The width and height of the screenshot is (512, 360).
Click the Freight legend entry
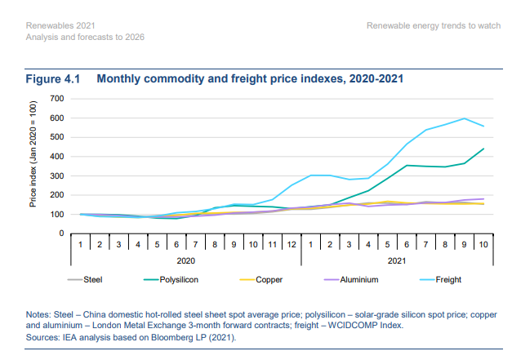point(447,279)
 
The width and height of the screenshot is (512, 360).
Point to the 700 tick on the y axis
point(57,99)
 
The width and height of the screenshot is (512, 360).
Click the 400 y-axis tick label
point(57,157)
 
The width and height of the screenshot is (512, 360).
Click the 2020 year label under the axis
point(185,260)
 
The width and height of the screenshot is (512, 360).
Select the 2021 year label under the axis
point(395,260)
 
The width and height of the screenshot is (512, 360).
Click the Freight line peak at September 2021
point(465,118)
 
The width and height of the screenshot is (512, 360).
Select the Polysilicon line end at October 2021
point(484,149)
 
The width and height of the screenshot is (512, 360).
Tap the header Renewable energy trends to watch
point(434,25)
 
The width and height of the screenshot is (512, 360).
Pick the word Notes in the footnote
point(40,313)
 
